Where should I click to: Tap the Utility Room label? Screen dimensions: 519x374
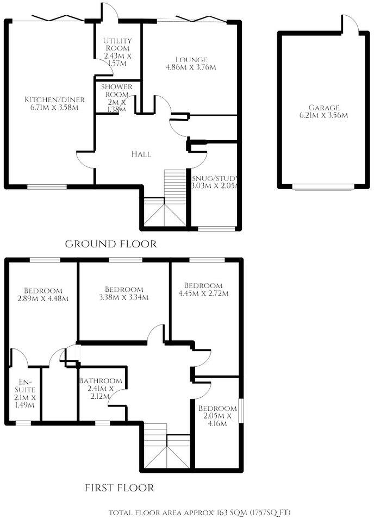tap(118, 41)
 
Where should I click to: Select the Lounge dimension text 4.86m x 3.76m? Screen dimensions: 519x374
tap(191, 68)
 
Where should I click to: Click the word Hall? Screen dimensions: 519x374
tap(141, 154)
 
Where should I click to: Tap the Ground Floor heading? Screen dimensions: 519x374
tap(111, 244)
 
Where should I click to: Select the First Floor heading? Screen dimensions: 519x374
tap(119, 488)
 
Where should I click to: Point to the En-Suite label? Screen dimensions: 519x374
tap(26, 389)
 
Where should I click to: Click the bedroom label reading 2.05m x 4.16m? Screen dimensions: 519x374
tap(217, 416)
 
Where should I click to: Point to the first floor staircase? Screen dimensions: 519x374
tap(167, 446)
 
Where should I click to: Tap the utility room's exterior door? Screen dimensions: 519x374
tap(110, 13)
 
